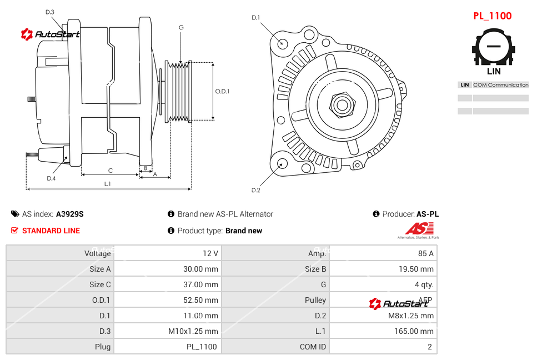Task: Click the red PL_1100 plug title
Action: (x=492, y=16)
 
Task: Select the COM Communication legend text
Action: (x=500, y=85)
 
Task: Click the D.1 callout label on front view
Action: (x=256, y=18)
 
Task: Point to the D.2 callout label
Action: (x=256, y=191)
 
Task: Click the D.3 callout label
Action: (x=50, y=12)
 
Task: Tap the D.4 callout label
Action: (x=51, y=178)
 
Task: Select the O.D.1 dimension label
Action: (x=222, y=91)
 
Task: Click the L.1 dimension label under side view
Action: (x=108, y=184)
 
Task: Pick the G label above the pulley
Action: (x=181, y=27)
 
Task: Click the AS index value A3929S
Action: (x=69, y=214)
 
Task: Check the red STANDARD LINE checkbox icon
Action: (x=15, y=231)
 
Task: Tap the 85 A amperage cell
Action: (x=425, y=253)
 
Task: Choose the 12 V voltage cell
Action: (x=210, y=253)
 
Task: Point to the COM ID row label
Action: (x=313, y=347)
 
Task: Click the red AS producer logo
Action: (x=419, y=229)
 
